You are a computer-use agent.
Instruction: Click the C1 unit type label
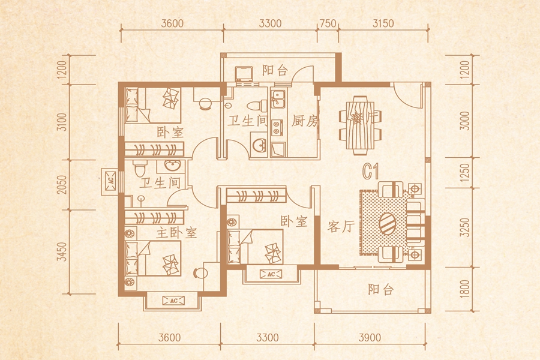371,171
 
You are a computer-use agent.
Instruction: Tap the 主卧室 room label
176,233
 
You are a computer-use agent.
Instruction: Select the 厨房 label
304,121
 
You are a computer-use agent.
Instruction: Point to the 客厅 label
341,227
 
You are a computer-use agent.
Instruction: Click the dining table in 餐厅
360,124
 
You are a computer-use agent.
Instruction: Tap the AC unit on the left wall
110,182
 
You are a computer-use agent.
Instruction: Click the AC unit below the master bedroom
173,301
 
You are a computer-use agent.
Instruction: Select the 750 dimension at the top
328,23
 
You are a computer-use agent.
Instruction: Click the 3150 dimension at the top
383,23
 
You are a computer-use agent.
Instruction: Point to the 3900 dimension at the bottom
370,337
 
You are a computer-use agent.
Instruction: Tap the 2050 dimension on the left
62,184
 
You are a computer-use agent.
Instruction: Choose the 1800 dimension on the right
464,289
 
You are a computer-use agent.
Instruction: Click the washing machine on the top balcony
244,74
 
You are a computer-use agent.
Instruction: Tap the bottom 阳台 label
380,290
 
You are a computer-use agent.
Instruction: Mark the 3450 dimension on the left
62,251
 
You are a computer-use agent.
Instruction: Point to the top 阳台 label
275,70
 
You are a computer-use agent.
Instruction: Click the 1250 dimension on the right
464,173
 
